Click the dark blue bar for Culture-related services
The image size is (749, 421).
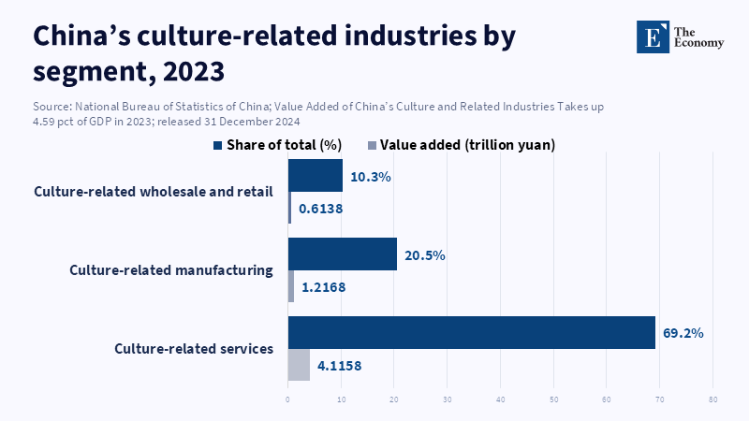click(471, 332)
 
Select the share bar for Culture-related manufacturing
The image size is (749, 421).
click(342, 254)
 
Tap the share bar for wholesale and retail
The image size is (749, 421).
click(315, 175)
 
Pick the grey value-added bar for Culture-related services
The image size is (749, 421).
click(299, 365)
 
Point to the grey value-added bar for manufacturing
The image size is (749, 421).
click(291, 286)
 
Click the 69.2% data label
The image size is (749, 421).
click(683, 333)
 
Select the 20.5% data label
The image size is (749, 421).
click(424, 254)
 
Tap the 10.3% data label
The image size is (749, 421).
click(370, 176)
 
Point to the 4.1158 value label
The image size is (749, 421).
click(339, 366)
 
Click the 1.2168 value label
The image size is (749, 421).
click(323, 287)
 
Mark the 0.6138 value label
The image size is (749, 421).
click(320, 209)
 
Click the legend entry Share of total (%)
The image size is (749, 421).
click(278, 145)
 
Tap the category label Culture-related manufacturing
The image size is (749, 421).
click(171, 270)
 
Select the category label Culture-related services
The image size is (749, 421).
click(194, 349)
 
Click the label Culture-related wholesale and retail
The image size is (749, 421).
click(154, 192)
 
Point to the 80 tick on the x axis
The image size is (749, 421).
click(712, 400)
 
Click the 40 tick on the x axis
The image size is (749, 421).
click(500, 400)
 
